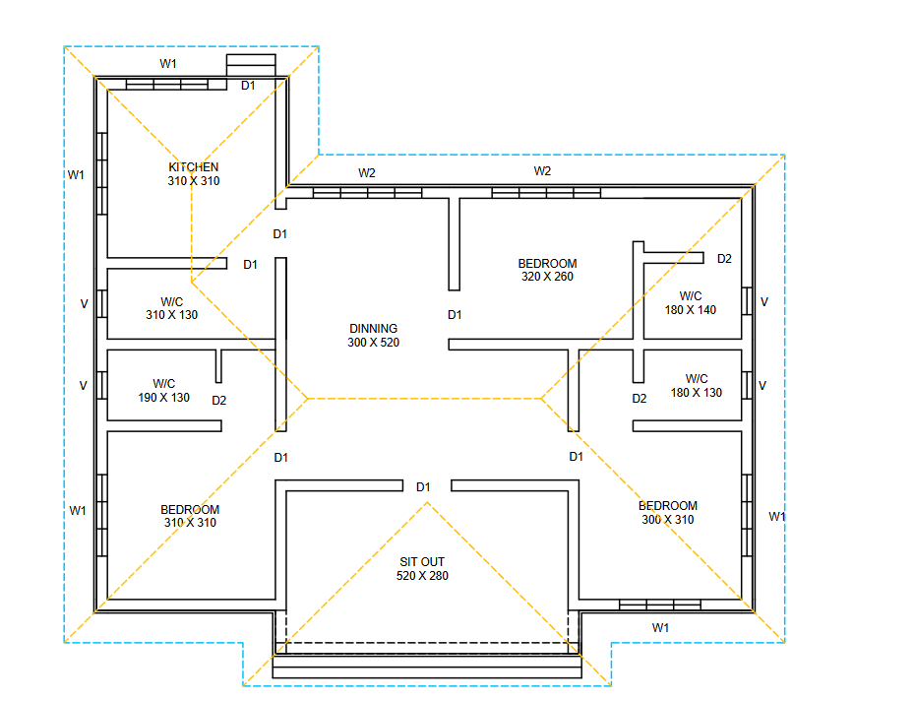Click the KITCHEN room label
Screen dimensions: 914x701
click(194, 166)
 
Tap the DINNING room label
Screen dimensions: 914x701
click(374, 328)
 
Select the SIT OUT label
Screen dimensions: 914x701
click(422, 561)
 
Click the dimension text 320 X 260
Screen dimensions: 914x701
click(547, 277)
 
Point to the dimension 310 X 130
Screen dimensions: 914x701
click(172, 315)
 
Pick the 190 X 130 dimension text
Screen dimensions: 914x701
click(163, 398)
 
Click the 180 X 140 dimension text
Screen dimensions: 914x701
click(691, 310)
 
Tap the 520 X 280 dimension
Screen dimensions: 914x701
click(423, 576)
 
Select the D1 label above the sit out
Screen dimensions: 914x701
click(423, 487)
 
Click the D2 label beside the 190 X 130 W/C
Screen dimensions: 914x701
click(219, 400)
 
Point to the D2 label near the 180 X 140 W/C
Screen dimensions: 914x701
click(724, 259)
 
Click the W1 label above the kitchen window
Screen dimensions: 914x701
click(168, 64)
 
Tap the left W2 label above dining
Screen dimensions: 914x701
click(367, 173)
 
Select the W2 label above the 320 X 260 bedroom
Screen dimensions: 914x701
click(543, 171)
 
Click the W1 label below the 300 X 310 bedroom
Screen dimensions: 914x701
click(660, 628)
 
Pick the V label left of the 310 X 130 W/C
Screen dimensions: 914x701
click(84, 304)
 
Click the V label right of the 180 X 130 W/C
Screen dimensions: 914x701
click(762, 386)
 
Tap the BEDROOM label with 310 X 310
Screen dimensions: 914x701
click(190, 510)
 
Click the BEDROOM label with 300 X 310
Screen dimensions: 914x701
click(668, 506)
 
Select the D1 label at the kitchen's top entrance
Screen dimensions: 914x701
click(248, 86)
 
